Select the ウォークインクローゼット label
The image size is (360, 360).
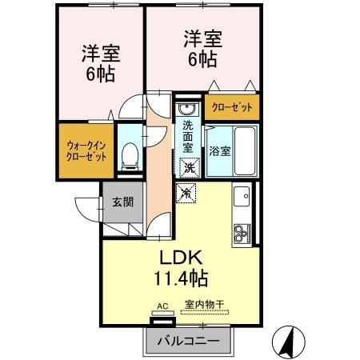[x=86, y=150]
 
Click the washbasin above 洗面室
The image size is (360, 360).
[x=187, y=110]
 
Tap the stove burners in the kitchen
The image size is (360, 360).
[x=242, y=232]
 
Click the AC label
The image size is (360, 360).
[x=162, y=306]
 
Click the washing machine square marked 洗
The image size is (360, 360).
[x=189, y=168]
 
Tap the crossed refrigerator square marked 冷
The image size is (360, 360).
[x=186, y=193]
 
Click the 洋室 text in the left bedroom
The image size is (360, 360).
[x=100, y=54]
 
